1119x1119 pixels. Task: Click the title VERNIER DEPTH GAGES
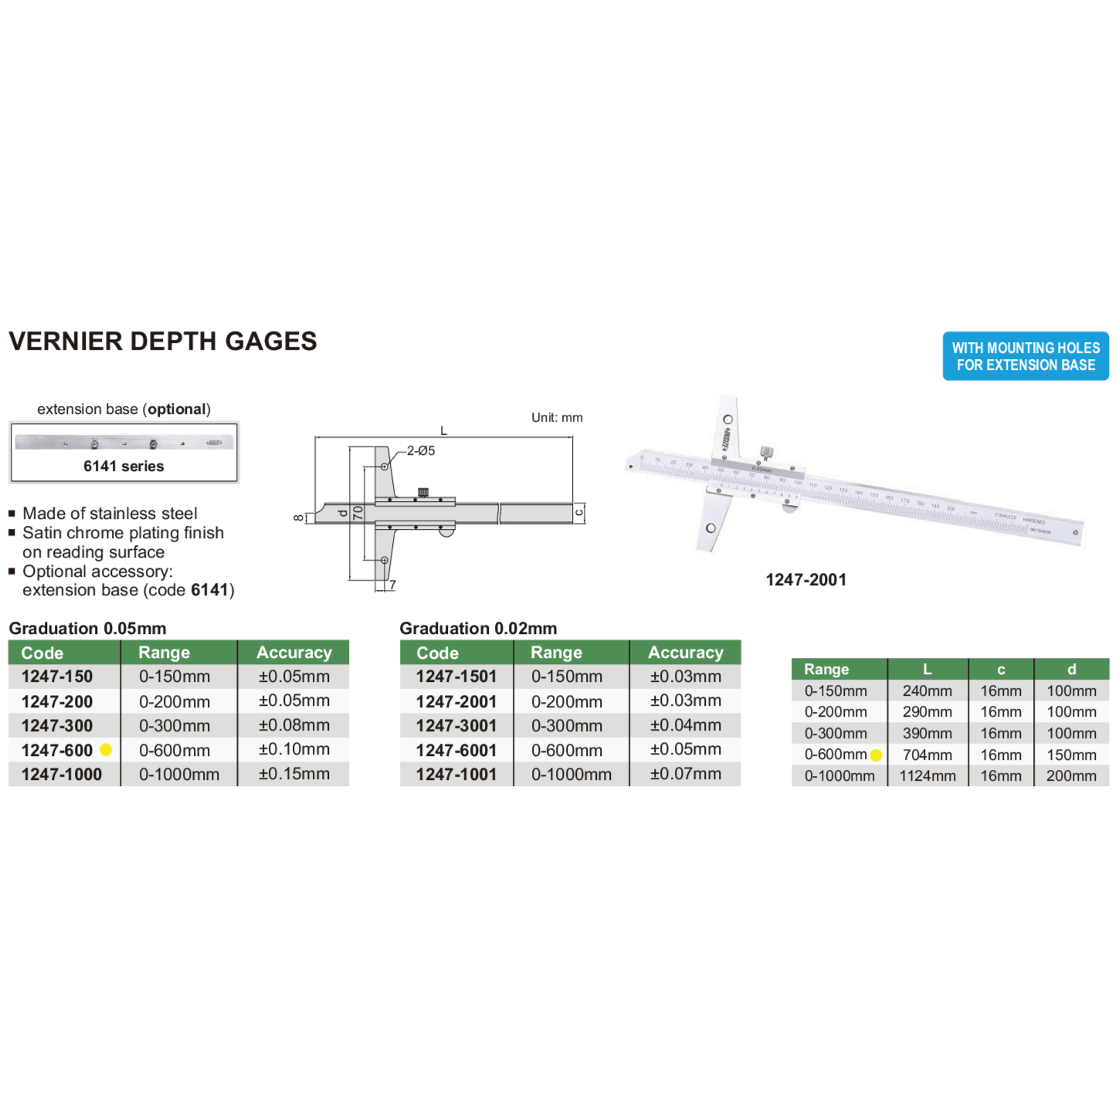tap(162, 341)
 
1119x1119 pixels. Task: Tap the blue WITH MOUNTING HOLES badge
tap(1025, 356)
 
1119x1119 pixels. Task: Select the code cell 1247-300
tap(57, 726)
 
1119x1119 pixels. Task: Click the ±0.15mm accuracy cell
tap(293, 774)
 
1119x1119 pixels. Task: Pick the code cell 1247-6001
tap(456, 750)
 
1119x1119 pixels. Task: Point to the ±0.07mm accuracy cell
tap(685, 774)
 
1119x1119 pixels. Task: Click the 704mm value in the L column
tap(927, 754)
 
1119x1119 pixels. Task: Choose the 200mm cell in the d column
tap(1070, 775)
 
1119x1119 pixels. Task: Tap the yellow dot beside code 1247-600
tap(106, 750)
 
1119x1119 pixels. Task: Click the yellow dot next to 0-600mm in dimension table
tap(876, 755)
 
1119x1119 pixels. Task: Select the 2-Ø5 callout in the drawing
tap(421, 450)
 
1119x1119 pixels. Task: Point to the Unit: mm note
tap(557, 418)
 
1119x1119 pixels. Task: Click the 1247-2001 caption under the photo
tap(805, 580)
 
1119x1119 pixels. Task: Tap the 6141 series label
tap(124, 466)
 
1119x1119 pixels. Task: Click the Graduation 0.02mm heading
tap(478, 629)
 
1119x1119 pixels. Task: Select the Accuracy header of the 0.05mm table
tap(293, 653)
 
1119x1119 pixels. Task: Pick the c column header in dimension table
tap(1001, 670)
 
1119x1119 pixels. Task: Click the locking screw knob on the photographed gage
tap(766, 452)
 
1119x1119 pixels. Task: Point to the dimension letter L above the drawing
tap(443, 431)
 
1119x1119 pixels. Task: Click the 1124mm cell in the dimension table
tap(927, 775)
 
